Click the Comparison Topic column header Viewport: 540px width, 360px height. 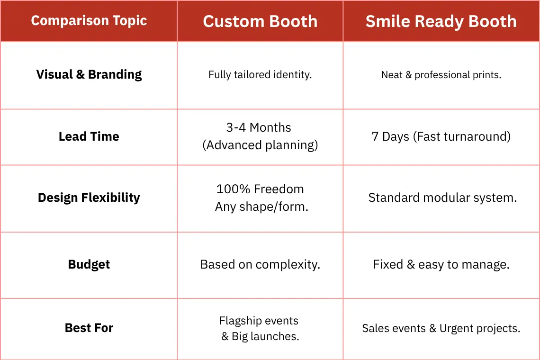point(89,21)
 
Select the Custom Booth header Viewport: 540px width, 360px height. point(260,21)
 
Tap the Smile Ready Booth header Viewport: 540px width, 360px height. point(441,21)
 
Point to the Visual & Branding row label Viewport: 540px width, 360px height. point(89,74)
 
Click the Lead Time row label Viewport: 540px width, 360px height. point(89,136)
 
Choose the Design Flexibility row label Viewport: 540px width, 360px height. point(89,198)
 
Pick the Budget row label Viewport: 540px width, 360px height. point(89,264)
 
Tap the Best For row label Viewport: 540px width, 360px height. point(89,328)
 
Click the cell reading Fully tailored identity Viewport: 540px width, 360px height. point(260,75)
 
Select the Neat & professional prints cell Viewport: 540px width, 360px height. point(441,75)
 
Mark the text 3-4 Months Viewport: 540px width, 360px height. point(259,127)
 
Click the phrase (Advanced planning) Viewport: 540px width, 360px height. point(260,145)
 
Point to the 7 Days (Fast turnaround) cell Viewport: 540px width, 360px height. point(441,136)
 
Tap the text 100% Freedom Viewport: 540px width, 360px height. point(260,189)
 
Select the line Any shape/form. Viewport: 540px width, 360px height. point(262,207)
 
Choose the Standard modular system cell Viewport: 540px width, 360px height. point(442,198)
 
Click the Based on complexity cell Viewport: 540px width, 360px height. point(260,265)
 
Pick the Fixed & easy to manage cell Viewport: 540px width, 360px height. point(441,265)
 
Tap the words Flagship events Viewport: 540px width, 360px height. point(259,321)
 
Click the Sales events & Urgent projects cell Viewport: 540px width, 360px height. point(441,328)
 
